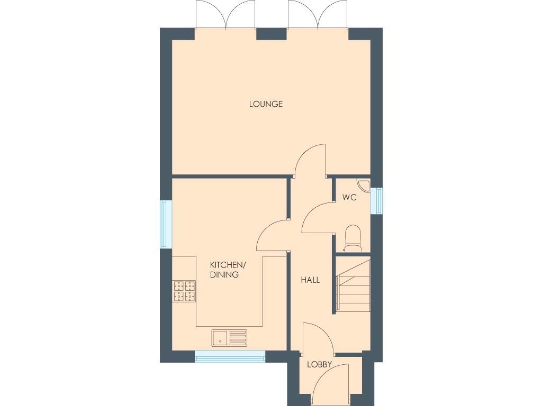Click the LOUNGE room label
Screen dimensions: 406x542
(266, 104)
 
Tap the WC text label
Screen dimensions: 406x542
(349, 198)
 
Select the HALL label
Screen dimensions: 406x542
(310, 280)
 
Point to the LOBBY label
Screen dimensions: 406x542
(319, 364)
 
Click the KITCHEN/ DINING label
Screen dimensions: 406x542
(228, 270)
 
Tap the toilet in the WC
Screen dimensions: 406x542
(352, 237)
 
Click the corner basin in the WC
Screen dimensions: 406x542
(364, 185)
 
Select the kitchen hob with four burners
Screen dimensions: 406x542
(184, 291)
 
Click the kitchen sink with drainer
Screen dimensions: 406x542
(229, 337)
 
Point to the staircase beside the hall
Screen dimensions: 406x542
(354, 285)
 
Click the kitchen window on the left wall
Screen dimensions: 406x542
(167, 224)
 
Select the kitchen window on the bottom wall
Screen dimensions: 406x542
(230, 358)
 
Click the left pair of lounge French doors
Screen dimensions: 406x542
(225, 16)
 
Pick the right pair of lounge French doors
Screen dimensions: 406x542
(318, 16)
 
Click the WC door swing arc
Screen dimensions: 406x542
(317, 218)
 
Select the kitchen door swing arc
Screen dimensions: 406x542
(272, 236)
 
